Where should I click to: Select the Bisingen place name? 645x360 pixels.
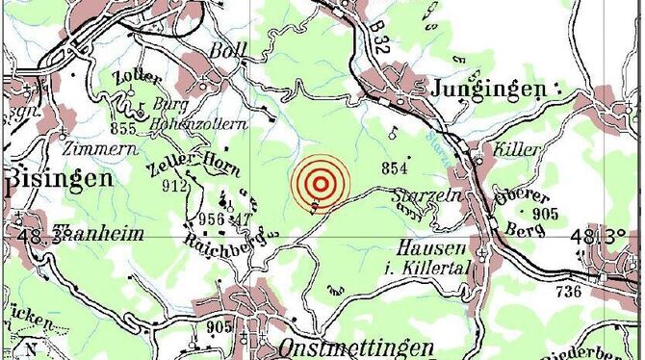point(60,178)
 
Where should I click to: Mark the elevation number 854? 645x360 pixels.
point(396,168)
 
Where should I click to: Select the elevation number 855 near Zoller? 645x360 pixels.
point(123,129)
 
